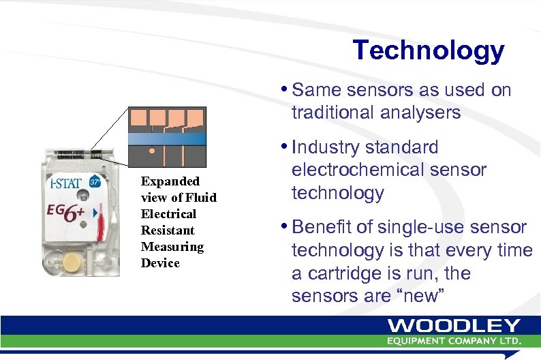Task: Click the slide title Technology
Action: (428, 50)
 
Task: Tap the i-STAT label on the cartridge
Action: (65, 183)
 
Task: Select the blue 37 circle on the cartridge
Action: (95, 182)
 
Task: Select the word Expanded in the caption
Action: (170, 181)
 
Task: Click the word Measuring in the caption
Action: (172, 246)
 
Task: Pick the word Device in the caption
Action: (160, 262)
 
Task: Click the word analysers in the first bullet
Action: (420, 112)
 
